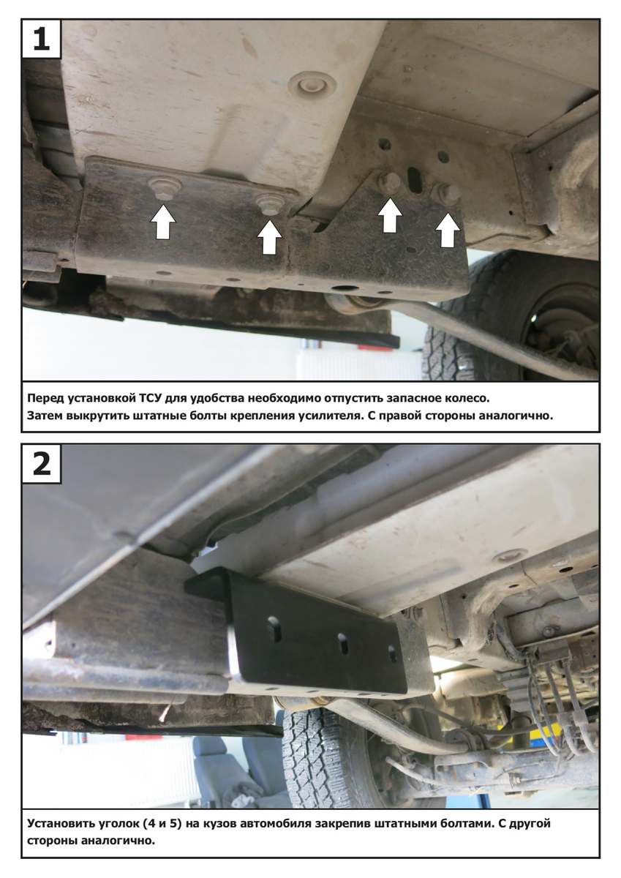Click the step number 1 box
[x=41, y=39]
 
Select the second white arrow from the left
[x=270, y=237]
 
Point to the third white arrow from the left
[x=390, y=216]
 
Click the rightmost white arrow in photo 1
[x=448, y=230]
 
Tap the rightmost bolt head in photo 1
[x=451, y=193]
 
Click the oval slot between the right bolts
[x=415, y=180]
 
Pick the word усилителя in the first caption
[x=328, y=416]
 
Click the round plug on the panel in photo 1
[x=312, y=84]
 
